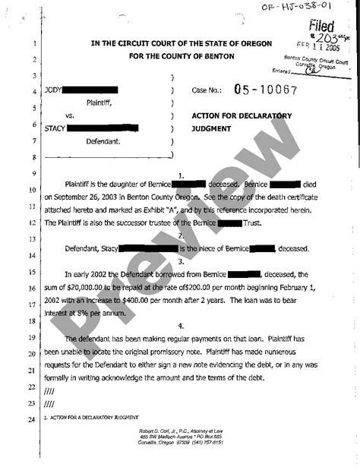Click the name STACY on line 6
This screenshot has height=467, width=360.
click(55, 126)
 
